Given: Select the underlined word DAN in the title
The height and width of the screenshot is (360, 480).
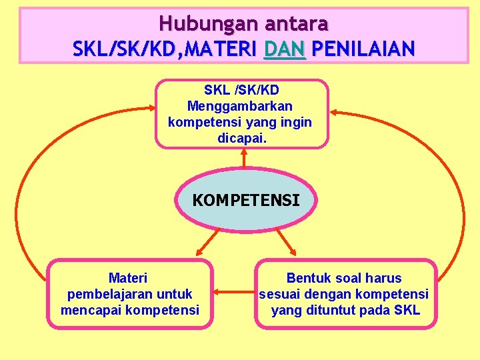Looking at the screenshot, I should pyautogui.click(x=285, y=49).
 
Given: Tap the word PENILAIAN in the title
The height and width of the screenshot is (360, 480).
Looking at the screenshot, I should pyautogui.click(x=363, y=49).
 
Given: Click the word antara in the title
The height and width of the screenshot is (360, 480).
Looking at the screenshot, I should pyautogui.click(x=297, y=24).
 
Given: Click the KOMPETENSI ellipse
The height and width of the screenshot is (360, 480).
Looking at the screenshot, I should pyautogui.click(x=246, y=200).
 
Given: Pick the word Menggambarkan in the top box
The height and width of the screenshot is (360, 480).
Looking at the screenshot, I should pyautogui.click(x=240, y=106).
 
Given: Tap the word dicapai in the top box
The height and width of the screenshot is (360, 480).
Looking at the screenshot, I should pyautogui.click(x=239, y=139).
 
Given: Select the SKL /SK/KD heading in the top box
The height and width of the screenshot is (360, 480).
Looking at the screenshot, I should pyautogui.click(x=241, y=90).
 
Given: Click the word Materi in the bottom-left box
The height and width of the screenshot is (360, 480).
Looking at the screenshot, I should pyautogui.click(x=128, y=278).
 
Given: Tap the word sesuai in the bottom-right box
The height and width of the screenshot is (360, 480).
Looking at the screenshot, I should pyautogui.click(x=278, y=294).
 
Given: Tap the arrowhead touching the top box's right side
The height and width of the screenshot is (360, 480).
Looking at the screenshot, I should pyautogui.click(x=334, y=111).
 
